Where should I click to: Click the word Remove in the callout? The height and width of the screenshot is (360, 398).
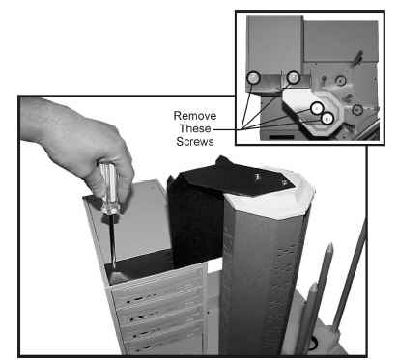click(195, 116)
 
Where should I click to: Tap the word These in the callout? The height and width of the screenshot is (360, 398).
click(195, 128)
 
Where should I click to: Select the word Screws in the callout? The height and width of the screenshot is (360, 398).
click(195, 141)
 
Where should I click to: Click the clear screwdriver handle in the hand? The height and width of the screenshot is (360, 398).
click(110, 188)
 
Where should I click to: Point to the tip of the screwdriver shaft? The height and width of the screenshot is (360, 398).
click(114, 267)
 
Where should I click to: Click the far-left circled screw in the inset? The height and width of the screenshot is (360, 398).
click(253, 78)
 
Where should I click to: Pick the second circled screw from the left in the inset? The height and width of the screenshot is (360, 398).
click(294, 77)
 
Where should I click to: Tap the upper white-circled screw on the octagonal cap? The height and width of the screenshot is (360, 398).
click(317, 108)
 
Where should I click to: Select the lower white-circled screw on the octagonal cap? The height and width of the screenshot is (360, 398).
click(327, 119)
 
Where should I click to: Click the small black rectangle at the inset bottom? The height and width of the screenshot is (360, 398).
click(281, 137)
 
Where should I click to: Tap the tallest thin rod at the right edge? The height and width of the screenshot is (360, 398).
click(351, 272)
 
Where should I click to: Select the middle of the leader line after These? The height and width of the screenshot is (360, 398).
click(227, 129)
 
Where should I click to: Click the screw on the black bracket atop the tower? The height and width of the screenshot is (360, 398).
click(284, 182)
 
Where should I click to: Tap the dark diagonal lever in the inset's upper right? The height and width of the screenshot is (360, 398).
click(358, 58)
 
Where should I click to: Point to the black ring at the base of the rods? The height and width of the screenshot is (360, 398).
click(313, 344)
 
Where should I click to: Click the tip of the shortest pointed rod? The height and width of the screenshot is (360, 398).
click(315, 284)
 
